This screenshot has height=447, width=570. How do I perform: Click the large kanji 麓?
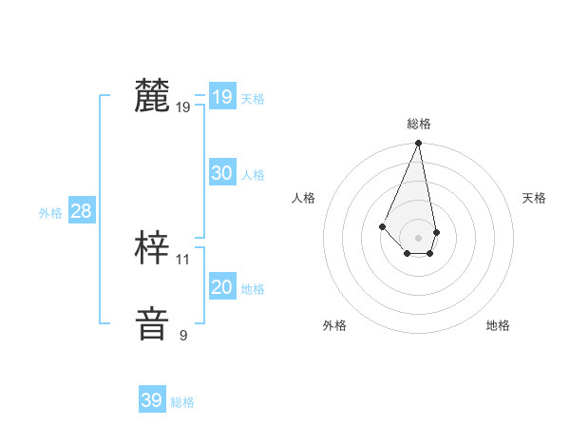coord(152,96)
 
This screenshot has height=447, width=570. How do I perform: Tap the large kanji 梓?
coord(152,248)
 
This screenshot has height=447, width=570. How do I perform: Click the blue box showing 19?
coord(221,97)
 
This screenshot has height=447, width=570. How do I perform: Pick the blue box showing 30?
coord(221,173)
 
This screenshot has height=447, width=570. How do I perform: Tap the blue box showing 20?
coord(221,287)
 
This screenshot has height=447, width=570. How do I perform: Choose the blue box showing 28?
coord(81,211)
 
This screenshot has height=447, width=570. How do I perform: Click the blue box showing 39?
coord(151,400)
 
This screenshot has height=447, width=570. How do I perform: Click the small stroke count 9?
coord(183,336)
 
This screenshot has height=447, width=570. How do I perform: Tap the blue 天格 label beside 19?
coord(253,99)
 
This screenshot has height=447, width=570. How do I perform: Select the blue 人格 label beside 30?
coord(253,175)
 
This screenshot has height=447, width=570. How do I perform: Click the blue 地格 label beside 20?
coord(253,289)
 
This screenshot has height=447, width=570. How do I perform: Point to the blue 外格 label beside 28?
coord(50,213)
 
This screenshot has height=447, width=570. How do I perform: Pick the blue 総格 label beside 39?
coord(182,402)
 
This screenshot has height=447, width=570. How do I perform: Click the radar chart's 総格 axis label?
coord(419,124)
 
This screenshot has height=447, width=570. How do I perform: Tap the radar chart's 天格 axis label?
coord(534,198)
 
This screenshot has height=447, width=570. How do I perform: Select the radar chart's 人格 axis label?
coord(304,198)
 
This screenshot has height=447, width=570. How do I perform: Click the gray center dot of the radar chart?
coord(419,237)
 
